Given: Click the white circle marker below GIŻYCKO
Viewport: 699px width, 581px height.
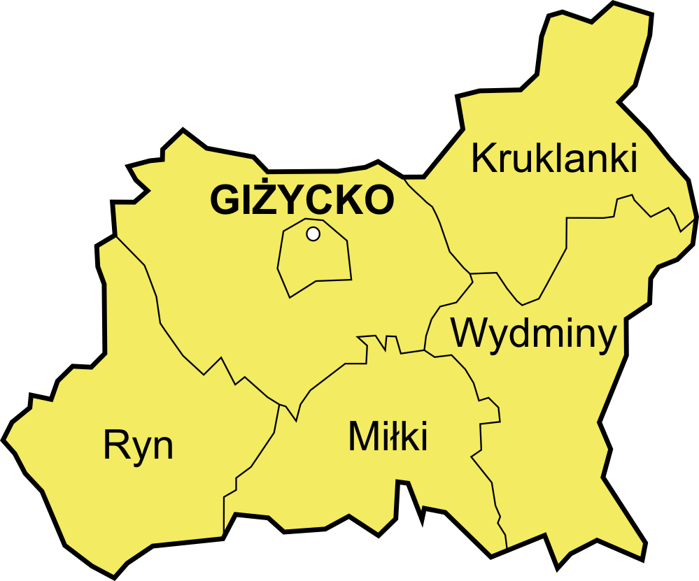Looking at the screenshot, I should click(313, 234).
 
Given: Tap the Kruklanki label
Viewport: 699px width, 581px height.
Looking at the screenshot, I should click(554, 158).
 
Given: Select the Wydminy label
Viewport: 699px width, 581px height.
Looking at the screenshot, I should click(534, 333).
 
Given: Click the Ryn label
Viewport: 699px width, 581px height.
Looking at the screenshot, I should click(138, 445).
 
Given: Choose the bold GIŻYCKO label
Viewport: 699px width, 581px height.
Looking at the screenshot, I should click(302, 200).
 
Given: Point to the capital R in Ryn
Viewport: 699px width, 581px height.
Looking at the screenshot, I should click(116, 445).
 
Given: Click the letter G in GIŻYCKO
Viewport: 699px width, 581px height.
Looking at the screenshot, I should click(225, 201).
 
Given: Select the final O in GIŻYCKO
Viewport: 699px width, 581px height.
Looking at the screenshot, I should click(379, 201).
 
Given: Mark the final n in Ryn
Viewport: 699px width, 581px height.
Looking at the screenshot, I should click(163, 447).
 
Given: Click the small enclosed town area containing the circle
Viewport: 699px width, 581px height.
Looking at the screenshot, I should click(315, 262).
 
